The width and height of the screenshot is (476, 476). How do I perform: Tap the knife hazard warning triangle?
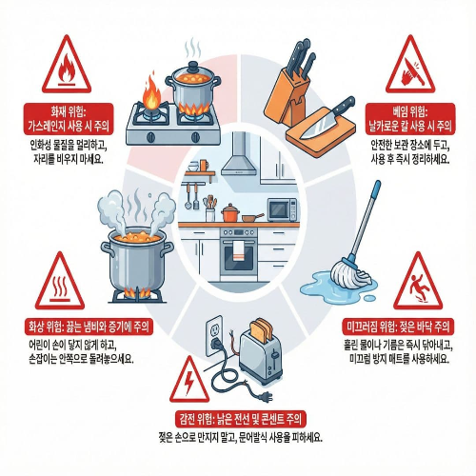(412, 61)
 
